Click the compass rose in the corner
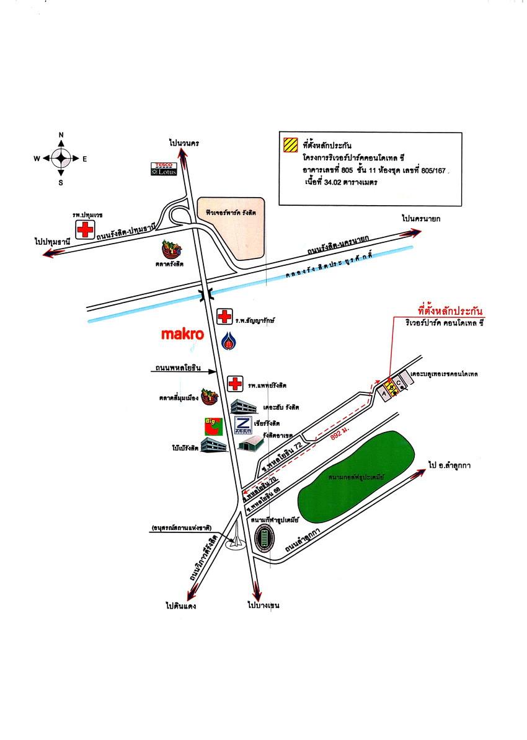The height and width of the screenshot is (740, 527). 61,158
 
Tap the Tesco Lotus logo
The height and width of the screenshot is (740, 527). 165,169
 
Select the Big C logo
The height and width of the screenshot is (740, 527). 213,426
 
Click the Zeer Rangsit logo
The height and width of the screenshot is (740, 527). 243,426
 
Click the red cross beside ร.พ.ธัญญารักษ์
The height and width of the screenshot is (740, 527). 224,318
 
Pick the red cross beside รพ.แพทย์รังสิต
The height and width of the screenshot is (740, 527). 234,384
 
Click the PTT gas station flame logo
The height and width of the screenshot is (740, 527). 229,341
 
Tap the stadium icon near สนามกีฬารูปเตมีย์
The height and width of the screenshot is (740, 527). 265,538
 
